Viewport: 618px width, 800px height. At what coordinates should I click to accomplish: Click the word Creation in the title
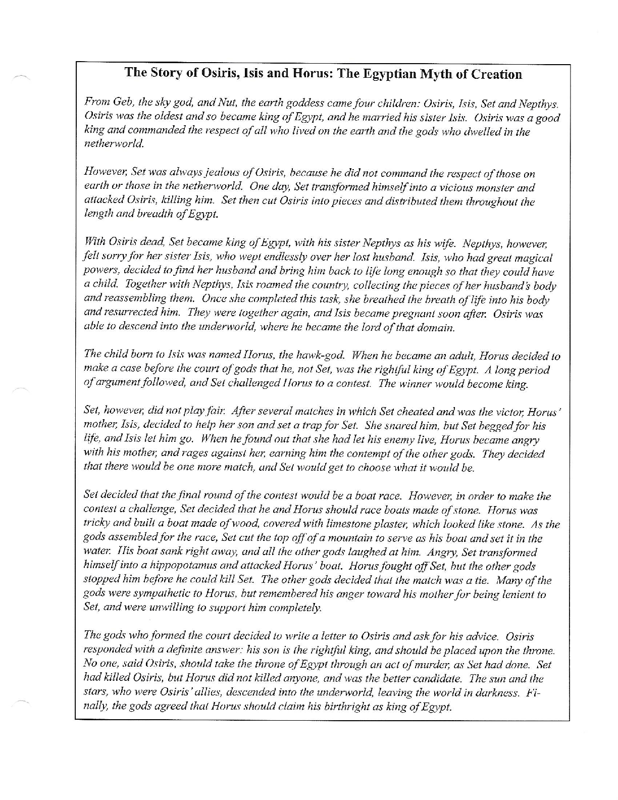(x=496, y=75)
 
